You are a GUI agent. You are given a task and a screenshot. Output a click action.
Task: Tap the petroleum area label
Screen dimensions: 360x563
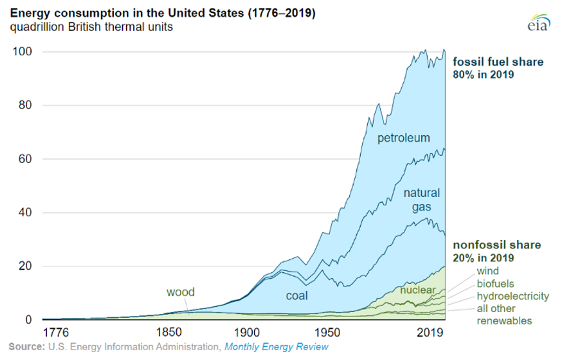click(404, 138)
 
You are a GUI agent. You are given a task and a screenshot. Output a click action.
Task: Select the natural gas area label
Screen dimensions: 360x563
click(421, 199)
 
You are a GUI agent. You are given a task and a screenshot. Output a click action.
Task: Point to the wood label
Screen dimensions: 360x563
click(181, 292)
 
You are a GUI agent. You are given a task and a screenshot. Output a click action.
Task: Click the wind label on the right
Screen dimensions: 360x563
click(488, 270)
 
